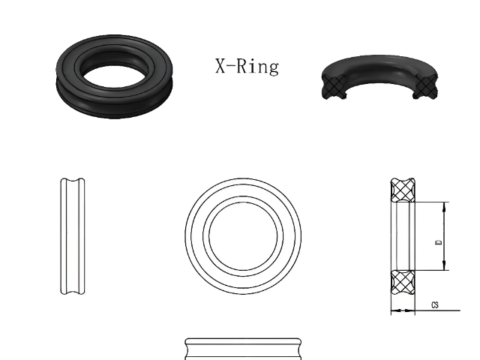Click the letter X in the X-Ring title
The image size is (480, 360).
pos(220,66)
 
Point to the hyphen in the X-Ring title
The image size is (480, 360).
pos(231,65)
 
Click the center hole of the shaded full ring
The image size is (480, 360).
pos(115,77)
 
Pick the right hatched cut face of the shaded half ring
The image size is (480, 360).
pos(426,85)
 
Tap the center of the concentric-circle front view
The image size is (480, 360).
pos(243,236)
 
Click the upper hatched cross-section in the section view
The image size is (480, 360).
pos(403,190)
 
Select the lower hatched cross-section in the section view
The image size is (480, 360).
pos(403,283)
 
